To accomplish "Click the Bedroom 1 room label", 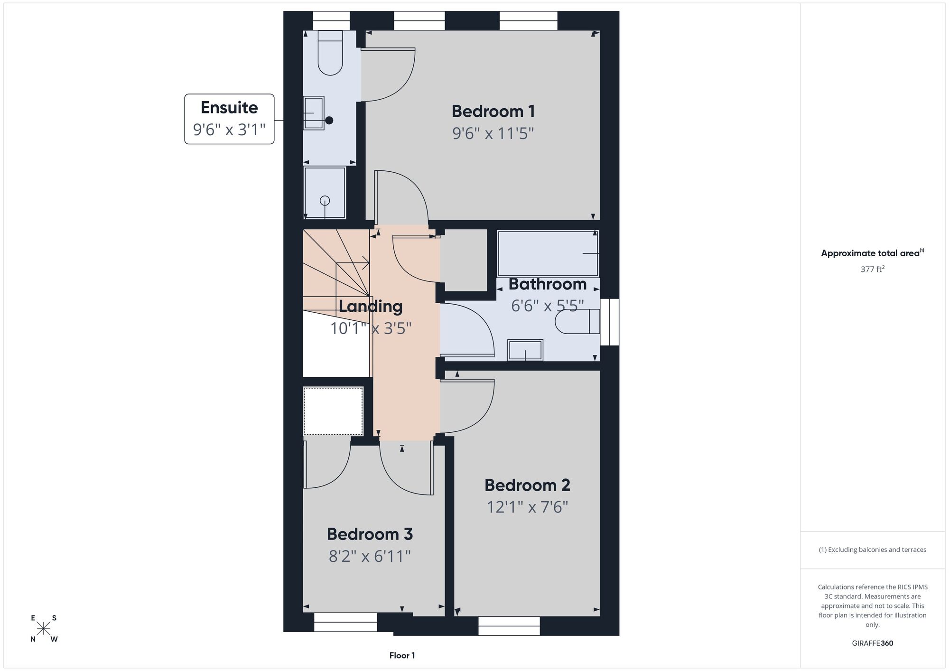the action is click(493, 112).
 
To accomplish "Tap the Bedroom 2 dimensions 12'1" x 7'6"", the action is click(527, 507).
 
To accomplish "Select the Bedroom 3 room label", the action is click(370, 534).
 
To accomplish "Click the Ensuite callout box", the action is click(229, 119).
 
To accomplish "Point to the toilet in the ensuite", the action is click(330, 53).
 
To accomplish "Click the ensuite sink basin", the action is click(314, 113).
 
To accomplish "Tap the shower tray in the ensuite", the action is click(325, 193).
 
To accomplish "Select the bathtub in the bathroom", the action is click(548, 253).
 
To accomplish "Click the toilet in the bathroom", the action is click(577, 321).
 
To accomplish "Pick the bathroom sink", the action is click(525, 350).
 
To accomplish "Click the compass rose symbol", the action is click(44, 629).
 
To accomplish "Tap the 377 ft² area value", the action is click(873, 269).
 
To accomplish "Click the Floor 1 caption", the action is click(402, 655).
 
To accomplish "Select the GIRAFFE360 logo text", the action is click(873, 643).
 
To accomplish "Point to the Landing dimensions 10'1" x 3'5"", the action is click(371, 328).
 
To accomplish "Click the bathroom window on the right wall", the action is click(610, 322).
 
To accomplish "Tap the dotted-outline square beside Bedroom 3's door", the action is click(333, 411).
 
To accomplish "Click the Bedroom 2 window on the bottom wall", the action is click(509, 626).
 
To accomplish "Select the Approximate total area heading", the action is click(873, 253).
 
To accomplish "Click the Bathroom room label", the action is click(548, 284).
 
